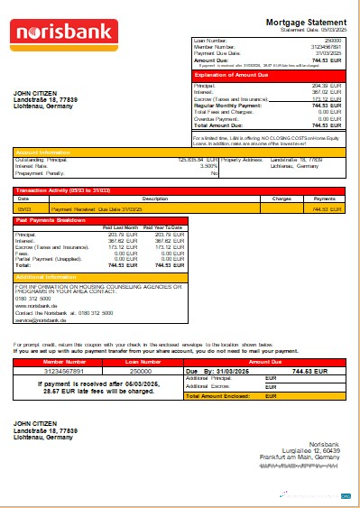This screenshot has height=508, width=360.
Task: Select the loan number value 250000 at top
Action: point(333,41)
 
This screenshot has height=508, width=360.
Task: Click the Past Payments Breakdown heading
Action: point(51,219)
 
